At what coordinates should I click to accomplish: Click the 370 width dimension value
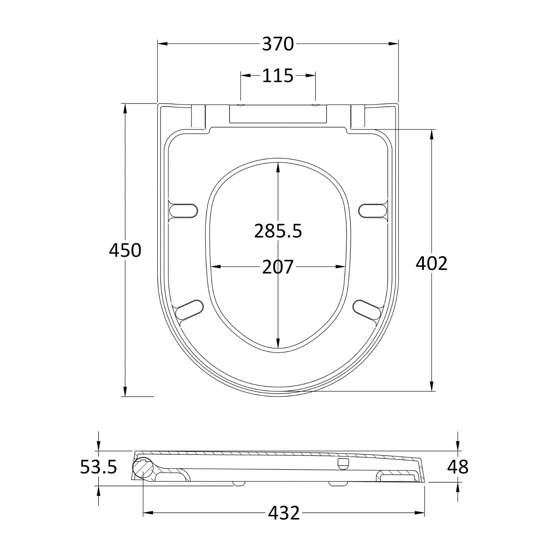[x=278, y=44]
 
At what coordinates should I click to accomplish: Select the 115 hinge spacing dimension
[x=278, y=75]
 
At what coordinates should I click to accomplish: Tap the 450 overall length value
[x=125, y=250]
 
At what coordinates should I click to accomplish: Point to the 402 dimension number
[x=431, y=263]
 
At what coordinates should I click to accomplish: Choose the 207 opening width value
[x=278, y=267]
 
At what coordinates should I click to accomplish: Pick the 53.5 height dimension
[x=99, y=467]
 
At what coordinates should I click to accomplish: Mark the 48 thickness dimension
[x=458, y=467]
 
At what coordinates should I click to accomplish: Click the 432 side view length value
[x=284, y=513]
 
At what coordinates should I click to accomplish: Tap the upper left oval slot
[x=184, y=211]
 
